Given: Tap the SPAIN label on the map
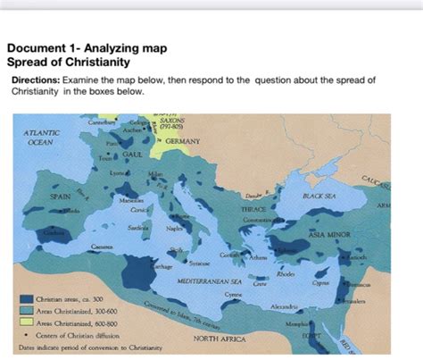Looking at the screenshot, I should pyautogui.click(x=60, y=194).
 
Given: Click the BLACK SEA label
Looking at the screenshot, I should pyautogui.click(x=319, y=194).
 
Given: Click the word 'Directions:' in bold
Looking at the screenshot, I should pyautogui.click(x=35, y=80).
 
